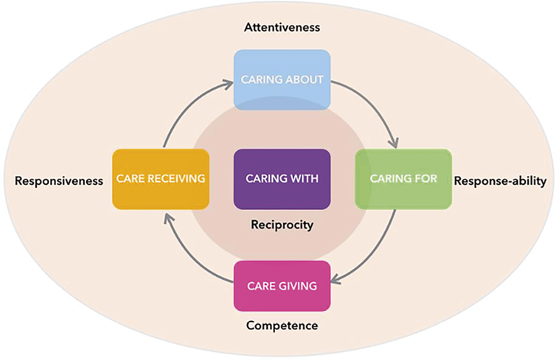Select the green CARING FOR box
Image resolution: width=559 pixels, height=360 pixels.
point(403,179)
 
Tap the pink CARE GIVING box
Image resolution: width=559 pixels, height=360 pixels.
point(282,286)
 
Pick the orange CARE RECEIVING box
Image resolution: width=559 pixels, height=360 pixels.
point(160,179)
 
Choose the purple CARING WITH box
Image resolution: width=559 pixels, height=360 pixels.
point(282,179)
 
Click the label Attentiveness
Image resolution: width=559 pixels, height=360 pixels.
point(282,27)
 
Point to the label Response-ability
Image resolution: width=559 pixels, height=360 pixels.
point(500,181)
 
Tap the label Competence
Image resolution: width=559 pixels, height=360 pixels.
point(282,325)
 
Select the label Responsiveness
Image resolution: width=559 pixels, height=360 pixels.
point(59,181)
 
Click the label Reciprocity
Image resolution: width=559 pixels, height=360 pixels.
point(282,225)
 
